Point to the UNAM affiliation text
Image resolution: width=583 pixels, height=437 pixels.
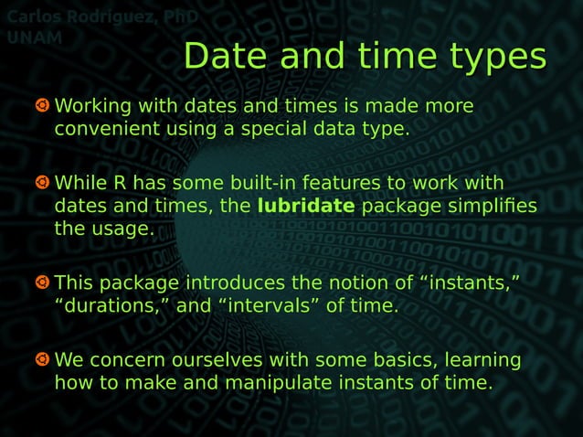click(34, 37)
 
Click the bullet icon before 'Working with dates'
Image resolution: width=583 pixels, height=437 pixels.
click(41, 107)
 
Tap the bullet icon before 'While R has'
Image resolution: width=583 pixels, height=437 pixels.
click(41, 183)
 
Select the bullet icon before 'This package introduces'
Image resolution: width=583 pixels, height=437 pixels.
click(41, 284)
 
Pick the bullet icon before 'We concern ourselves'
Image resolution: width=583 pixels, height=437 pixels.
click(41, 360)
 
